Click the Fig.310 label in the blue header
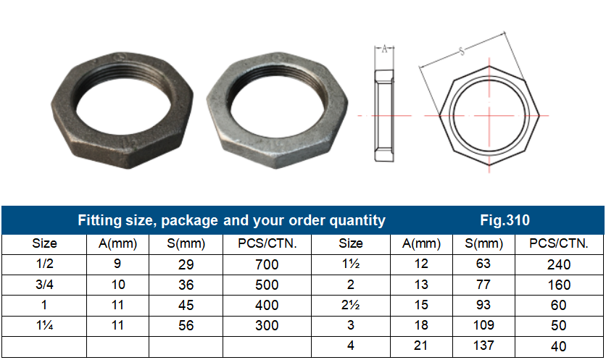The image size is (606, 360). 505,220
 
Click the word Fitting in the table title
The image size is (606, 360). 101,220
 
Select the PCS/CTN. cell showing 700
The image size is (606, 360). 267,265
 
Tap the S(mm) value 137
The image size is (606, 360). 483,346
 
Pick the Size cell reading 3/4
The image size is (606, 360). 44,285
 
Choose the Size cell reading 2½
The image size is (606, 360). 351,306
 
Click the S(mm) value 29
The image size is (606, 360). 186,265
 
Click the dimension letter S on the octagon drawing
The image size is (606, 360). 462,51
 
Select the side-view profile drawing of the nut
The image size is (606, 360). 384,114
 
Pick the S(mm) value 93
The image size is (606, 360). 483,306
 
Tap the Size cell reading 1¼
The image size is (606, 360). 44,326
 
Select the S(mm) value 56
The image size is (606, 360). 186,326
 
